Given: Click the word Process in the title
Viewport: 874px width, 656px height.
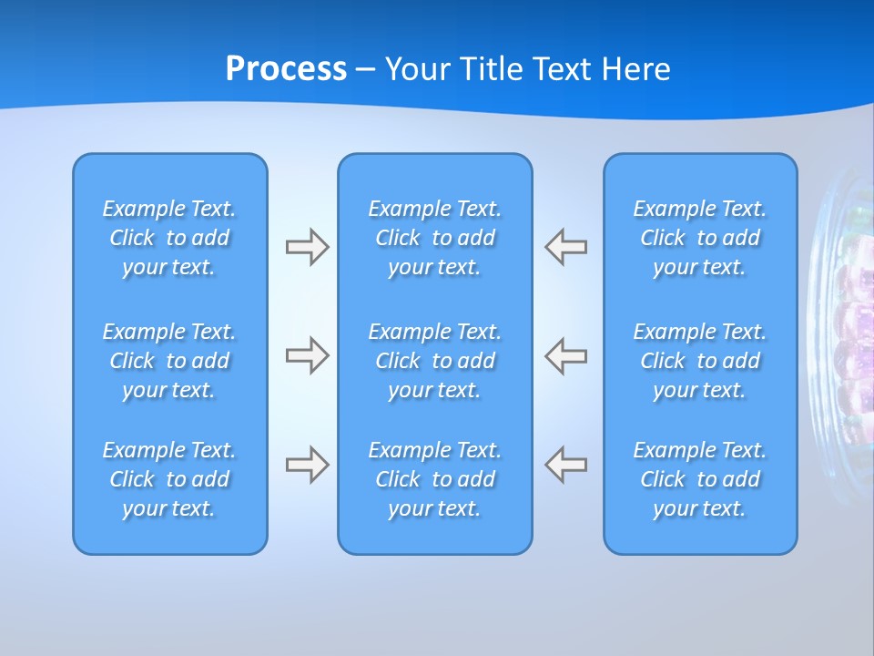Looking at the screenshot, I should tap(286, 69).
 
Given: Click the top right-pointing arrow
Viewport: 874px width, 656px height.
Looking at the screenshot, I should tap(307, 247).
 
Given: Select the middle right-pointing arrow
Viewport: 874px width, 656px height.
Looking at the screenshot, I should tap(307, 355).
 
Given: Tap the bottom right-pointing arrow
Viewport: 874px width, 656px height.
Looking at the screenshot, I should tap(307, 465).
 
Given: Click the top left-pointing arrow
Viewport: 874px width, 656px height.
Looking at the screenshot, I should tap(566, 247).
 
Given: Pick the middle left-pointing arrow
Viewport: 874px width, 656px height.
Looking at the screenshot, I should tap(566, 355).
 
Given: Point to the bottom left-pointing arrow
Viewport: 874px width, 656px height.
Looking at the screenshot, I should tap(566, 465).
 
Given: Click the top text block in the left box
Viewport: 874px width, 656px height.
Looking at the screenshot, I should tap(169, 238).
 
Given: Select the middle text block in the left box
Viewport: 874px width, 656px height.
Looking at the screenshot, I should tap(169, 361).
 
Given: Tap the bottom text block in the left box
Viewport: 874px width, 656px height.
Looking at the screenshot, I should tap(169, 479).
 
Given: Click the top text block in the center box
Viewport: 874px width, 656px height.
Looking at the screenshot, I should tap(434, 238).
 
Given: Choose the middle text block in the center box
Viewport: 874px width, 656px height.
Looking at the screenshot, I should tap(434, 361).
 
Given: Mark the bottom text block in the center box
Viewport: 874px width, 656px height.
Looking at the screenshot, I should tap(434, 479).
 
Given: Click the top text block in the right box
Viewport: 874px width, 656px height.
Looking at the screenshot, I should tap(699, 238).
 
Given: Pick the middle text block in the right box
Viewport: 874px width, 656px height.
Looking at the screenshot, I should tap(699, 361).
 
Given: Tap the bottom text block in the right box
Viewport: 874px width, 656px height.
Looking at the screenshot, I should tap(699, 479).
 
